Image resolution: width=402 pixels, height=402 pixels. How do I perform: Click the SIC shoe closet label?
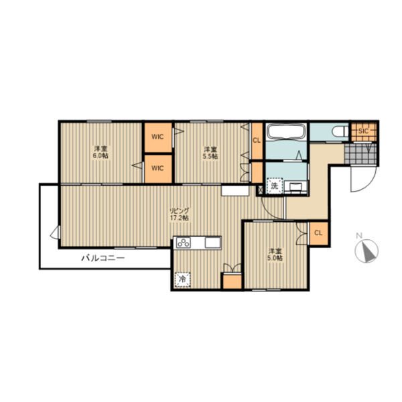coord(363,131)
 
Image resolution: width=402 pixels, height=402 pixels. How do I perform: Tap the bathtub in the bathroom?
coord(286,131)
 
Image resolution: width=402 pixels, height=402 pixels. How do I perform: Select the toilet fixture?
coord(340,132)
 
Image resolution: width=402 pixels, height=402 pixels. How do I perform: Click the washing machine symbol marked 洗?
coord(275,186)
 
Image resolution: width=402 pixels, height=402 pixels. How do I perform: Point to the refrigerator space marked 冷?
coord(182,279)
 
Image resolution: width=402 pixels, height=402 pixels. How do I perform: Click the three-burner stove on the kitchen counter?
coord(184,243)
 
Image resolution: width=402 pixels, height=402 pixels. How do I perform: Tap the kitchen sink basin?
coord(212,243)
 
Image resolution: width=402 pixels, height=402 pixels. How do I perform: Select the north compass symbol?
coord(366,251)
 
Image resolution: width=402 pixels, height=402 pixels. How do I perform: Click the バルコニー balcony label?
coord(103,258)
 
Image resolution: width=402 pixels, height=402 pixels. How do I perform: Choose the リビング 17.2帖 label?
coord(180,214)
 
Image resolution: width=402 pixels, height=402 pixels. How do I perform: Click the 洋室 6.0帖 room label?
coord(100,152)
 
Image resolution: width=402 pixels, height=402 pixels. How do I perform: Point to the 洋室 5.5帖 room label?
coord(210,153)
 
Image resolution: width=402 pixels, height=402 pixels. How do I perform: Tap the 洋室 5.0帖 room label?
coord(275,255)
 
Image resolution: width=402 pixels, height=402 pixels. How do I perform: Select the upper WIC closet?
coord(158,137)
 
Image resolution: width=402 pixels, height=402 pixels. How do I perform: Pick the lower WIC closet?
coord(158,169)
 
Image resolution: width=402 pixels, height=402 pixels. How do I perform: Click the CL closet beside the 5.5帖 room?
coord(257,141)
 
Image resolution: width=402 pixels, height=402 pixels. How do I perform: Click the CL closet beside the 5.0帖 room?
coord(318,233)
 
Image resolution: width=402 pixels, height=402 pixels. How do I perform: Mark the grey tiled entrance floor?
coord(360,153)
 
